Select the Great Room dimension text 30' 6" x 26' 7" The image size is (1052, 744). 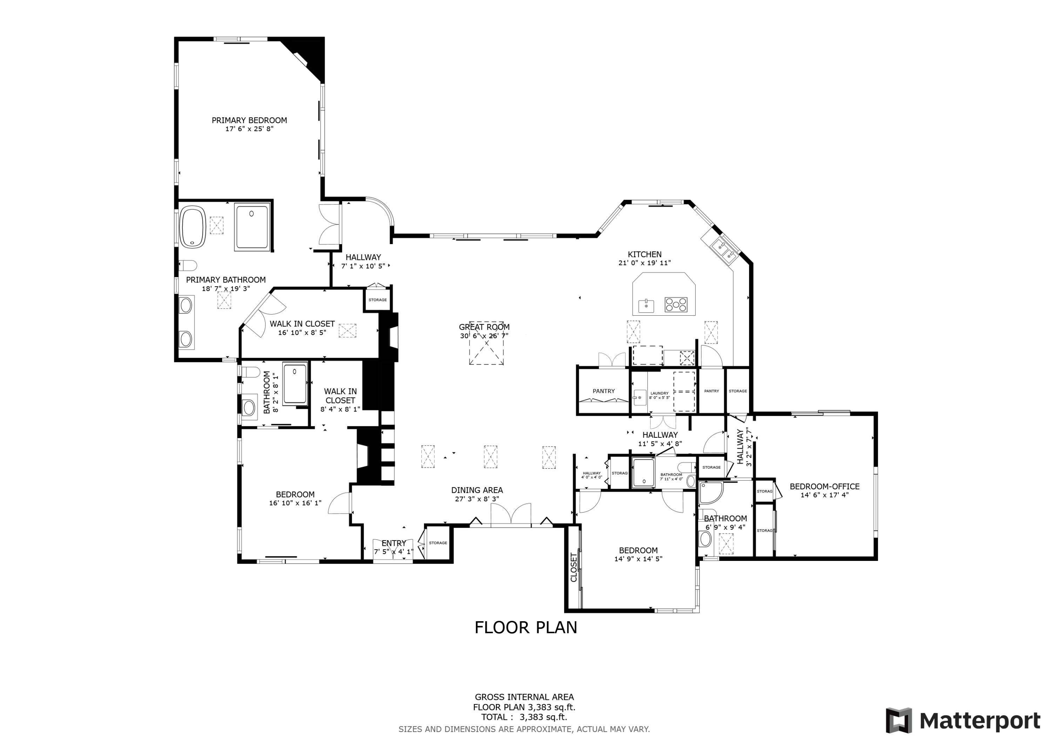click(x=484, y=336)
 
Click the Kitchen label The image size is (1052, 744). click(x=645, y=254)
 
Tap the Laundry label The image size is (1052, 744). click(x=659, y=393)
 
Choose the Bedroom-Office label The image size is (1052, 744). click(x=824, y=487)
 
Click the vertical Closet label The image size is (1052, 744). click(x=574, y=568)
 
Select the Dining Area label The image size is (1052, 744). click(x=477, y=490)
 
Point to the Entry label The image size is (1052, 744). click(x=393, y=543)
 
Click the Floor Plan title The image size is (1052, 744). click(x=526, y=628)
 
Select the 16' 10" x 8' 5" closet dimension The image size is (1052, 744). click(x=302, y=333)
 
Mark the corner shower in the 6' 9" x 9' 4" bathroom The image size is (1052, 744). click(x=711, y=493)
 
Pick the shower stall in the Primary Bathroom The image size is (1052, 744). click(x=252, y=227)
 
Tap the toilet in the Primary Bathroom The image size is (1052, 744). click(x=188, y=266)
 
